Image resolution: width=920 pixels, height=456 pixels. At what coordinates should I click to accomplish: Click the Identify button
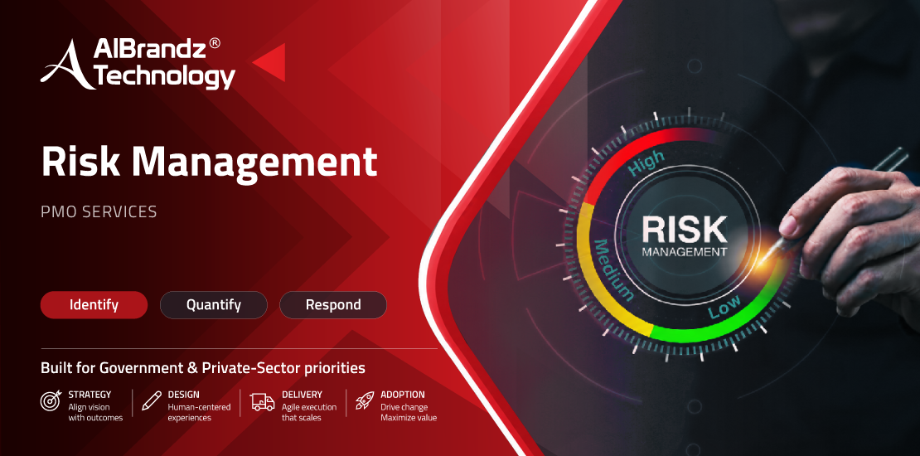[x=94, y=305]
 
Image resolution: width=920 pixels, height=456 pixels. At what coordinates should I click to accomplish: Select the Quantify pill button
[x=214, y=305]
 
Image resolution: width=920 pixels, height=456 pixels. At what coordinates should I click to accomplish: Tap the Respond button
[x=333, y=305]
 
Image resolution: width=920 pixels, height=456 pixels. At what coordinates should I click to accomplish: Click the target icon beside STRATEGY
[x=51, y=400]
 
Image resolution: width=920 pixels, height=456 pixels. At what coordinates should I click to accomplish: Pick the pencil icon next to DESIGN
[x=152, y=400]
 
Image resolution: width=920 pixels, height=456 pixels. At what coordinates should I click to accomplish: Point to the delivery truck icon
[x=262, y=401]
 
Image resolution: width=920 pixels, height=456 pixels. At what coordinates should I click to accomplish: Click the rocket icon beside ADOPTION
[x=365, y=400]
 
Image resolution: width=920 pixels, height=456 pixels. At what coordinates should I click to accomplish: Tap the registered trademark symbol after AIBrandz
[x=215, y=45]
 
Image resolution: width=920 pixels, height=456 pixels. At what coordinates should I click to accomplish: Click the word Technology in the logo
[x=166, y=77]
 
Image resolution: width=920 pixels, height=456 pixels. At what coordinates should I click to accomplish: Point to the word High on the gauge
[x=646, y=163]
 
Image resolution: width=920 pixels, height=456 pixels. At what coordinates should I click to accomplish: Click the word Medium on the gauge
[x=613, y=270]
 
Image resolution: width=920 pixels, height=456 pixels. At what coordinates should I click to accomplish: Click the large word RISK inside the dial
[x=685, y=230]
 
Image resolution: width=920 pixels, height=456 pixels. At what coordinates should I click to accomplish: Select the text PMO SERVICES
[x=99, y=212]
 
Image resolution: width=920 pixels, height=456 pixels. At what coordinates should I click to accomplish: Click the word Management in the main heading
[x=254, y=163]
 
